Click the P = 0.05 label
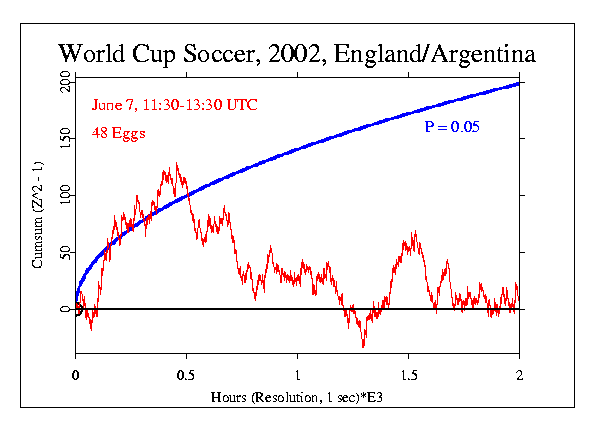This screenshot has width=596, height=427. coord(453,128)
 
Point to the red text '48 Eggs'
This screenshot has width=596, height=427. coord(119,132)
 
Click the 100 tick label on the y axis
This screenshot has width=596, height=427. coord(65,195)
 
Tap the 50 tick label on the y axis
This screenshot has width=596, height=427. coord(65,252)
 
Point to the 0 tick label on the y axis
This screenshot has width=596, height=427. coord(65,309)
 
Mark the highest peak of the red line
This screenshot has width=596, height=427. coord(176,164)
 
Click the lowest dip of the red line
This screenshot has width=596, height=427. coord(363,346)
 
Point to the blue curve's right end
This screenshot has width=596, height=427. coord(519,83)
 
